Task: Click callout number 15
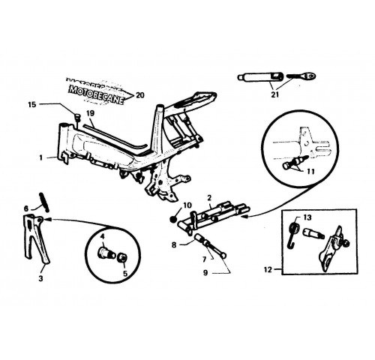pos(32,104)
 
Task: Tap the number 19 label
pos(91,113)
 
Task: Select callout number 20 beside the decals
pos(140,95)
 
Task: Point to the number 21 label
pos(274,94)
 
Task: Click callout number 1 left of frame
pos(41,158)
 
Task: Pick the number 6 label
pos(26,208)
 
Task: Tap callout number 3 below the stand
pos(40,278)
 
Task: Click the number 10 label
pos(187,205)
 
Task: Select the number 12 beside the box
pos(268,270)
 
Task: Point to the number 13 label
pos(307,217)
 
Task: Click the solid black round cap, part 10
pos(172,219)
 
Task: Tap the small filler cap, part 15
pos(77,117)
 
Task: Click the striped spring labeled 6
pos(44,202)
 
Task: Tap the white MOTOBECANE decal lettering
pos(96,94)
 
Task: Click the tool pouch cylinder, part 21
pos(260,77)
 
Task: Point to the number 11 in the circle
pos(310,171)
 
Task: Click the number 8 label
pos(174,244)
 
